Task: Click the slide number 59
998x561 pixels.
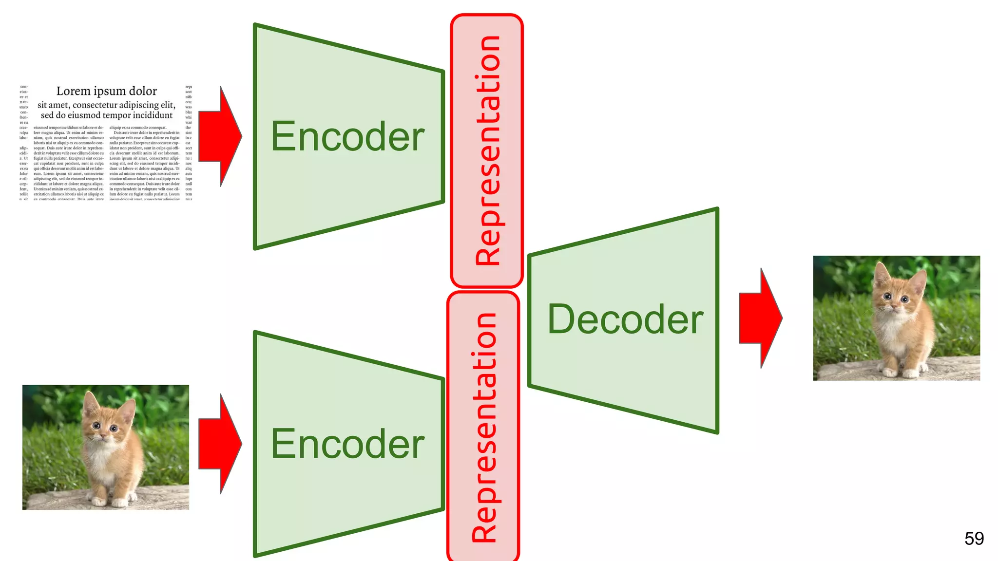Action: coord(974,539)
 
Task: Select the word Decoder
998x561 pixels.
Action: coord(625,319)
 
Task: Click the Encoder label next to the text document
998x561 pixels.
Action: coord(347,137)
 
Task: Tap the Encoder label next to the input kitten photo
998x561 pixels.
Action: coord(347,444)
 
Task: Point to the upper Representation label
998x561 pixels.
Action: coord(487,151)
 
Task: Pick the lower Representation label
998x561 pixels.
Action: coord(483,428)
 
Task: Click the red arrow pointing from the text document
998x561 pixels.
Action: coord(219,136)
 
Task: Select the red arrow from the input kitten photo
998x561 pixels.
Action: coord(219,444)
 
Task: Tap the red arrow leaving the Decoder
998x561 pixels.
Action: coord(760,318)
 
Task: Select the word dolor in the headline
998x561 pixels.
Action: coord(143,91)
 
